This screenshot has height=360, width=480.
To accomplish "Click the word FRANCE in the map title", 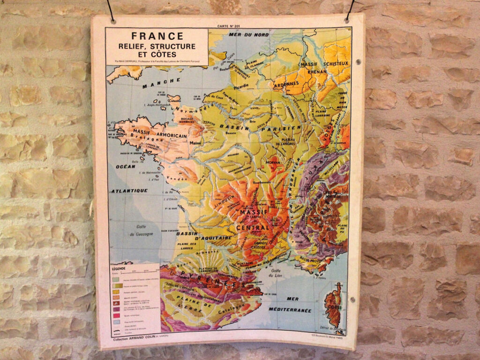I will pyautogui.click(x=157, y=36).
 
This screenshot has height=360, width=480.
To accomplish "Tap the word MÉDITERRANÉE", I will pyautogui.click(x=290, y=310).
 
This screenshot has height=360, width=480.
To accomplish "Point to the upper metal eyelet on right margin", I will pyautogui.click(x=358, y=62).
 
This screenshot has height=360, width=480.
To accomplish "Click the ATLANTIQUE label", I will pyautogui.click(x=129, y=191).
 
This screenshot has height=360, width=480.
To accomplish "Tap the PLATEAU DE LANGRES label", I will pyautogui.click(x=282, y=142).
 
